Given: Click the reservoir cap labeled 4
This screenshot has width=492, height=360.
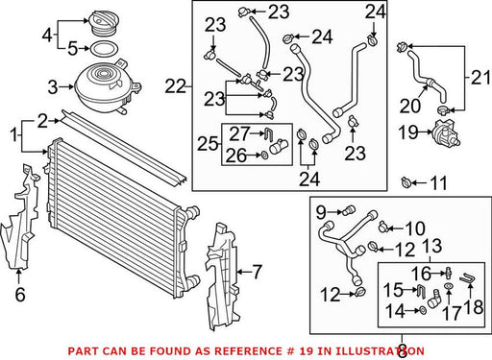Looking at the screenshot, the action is [102, 23].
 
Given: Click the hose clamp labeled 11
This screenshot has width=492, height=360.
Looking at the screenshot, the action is [406, 183].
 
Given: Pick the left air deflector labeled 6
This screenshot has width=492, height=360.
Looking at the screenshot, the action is [20, 218].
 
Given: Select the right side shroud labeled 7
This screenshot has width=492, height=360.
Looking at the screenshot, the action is [222, 276].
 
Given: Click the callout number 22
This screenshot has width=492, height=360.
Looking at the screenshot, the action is [176, 86].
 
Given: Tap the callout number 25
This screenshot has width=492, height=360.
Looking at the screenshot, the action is [208, 144].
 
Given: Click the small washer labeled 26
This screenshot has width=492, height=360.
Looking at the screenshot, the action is [264, 156].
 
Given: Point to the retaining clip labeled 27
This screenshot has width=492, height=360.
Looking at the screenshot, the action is [268, 134].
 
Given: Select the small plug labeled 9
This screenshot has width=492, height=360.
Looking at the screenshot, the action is [348, 210].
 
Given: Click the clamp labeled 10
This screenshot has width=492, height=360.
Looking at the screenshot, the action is [383, 227].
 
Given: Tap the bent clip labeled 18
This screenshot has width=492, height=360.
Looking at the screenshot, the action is [468, 278].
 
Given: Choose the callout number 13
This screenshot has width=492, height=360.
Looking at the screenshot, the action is [431, 247].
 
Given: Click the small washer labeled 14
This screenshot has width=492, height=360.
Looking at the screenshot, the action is [422, 310].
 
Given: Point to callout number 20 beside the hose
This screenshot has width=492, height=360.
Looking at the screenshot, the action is [410, 106].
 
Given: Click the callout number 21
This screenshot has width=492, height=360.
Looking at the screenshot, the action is [480, 77].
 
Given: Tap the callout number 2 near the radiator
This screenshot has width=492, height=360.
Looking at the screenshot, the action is [43, 121].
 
